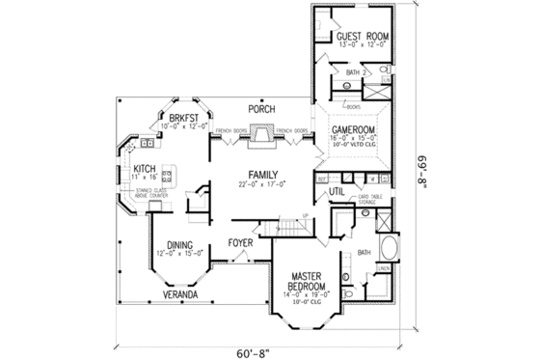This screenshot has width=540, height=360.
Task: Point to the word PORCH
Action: click(x=261, y=108)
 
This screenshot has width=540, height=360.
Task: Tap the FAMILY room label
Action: click(x=261, y=174)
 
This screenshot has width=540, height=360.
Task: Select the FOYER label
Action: click(x=241, y=243)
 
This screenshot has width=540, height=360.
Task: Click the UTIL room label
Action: click(x=337, y=192)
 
